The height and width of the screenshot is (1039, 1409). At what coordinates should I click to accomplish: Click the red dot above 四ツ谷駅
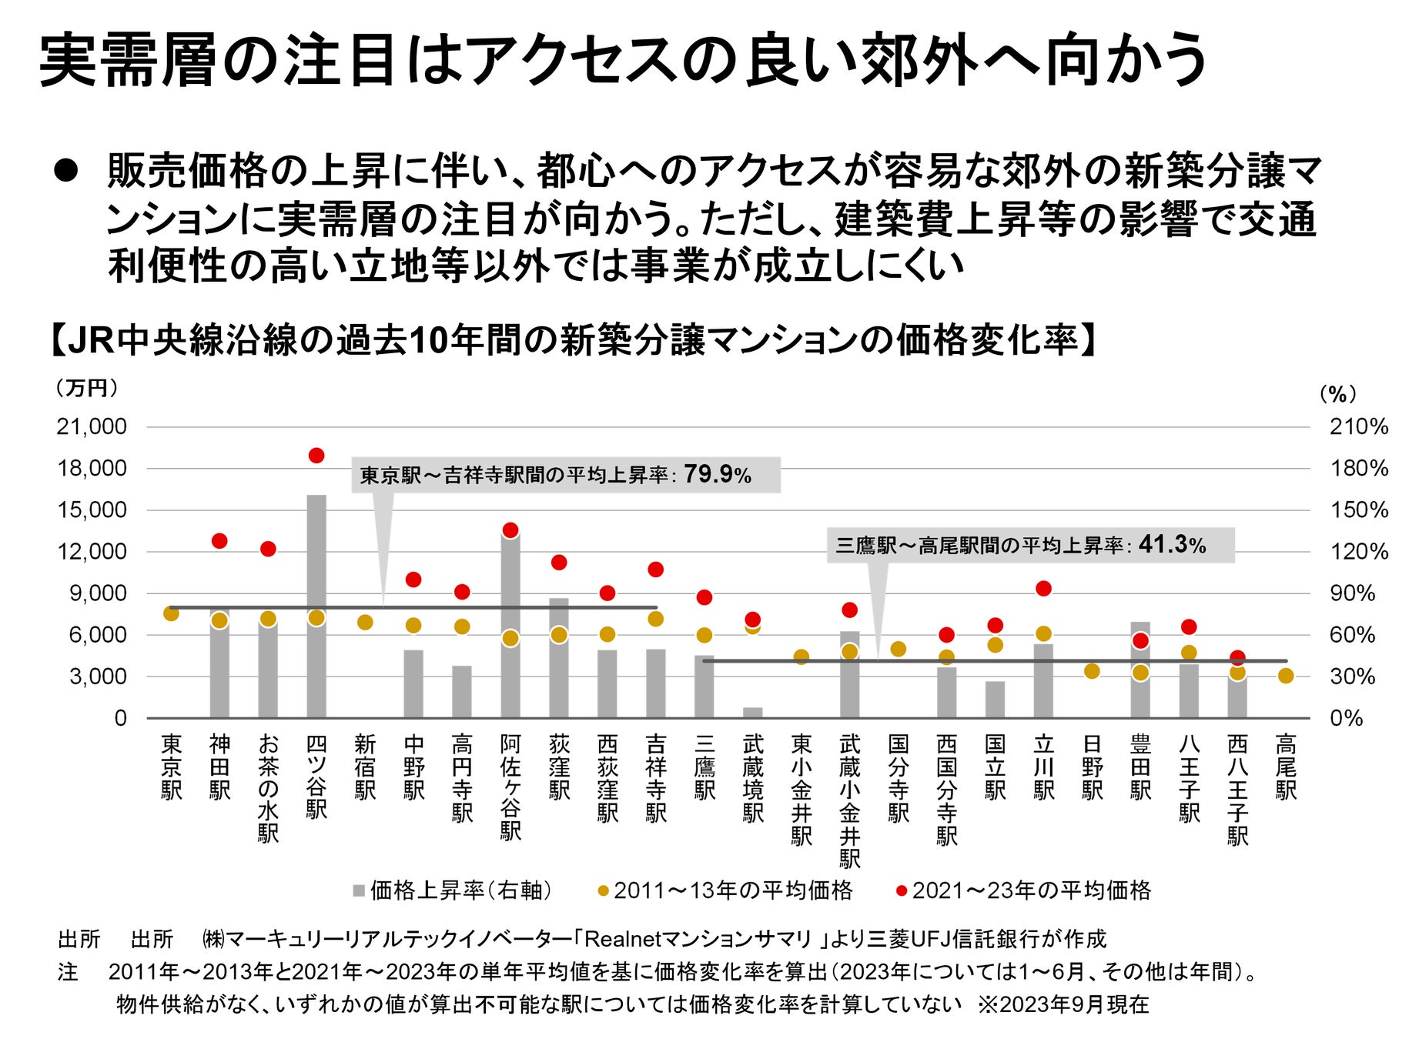coord(316,456)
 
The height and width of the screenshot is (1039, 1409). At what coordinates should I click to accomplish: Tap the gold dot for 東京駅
coord(171,613)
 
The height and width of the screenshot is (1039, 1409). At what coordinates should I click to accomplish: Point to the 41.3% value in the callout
coord(1172,544)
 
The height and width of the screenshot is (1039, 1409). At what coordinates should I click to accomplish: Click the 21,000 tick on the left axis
coord(92,426)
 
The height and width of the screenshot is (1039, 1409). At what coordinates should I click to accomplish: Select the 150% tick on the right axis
coord(1358,509)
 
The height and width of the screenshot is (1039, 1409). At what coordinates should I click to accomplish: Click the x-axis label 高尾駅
coord(1286,767)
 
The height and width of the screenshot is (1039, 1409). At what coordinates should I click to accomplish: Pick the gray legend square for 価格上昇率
coord(359,891)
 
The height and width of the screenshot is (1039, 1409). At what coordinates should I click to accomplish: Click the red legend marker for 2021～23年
coord(902,891)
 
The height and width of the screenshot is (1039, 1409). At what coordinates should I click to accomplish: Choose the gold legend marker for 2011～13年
coord(604,891)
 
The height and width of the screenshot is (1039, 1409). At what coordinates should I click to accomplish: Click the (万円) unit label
coord(87,388)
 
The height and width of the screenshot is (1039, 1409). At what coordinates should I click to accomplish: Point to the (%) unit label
coord(1338,394)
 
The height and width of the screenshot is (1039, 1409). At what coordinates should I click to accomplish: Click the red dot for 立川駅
coord(1043,589)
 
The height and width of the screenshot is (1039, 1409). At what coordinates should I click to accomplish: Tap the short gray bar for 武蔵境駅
coord(753,713)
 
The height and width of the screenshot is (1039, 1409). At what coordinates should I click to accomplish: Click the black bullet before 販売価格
coord(66,171)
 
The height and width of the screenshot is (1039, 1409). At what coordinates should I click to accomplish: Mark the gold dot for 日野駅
coord(1092,671)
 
